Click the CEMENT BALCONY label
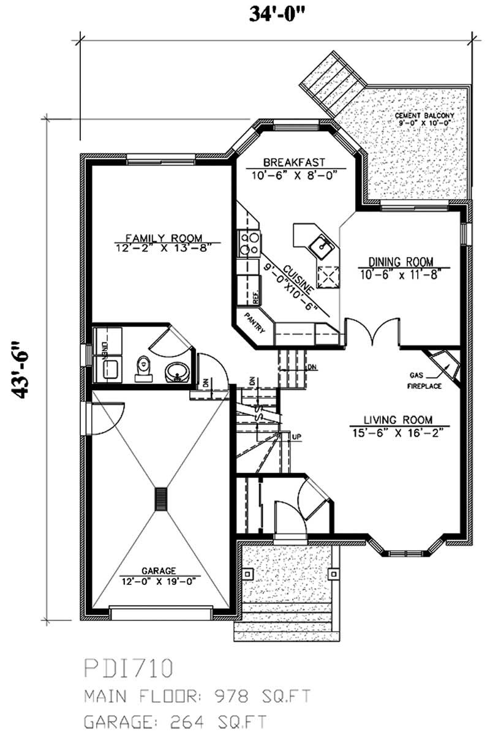click(x=424, y=115)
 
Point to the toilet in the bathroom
click(x=143, y=368)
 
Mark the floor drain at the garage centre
click(x=161, y=496)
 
